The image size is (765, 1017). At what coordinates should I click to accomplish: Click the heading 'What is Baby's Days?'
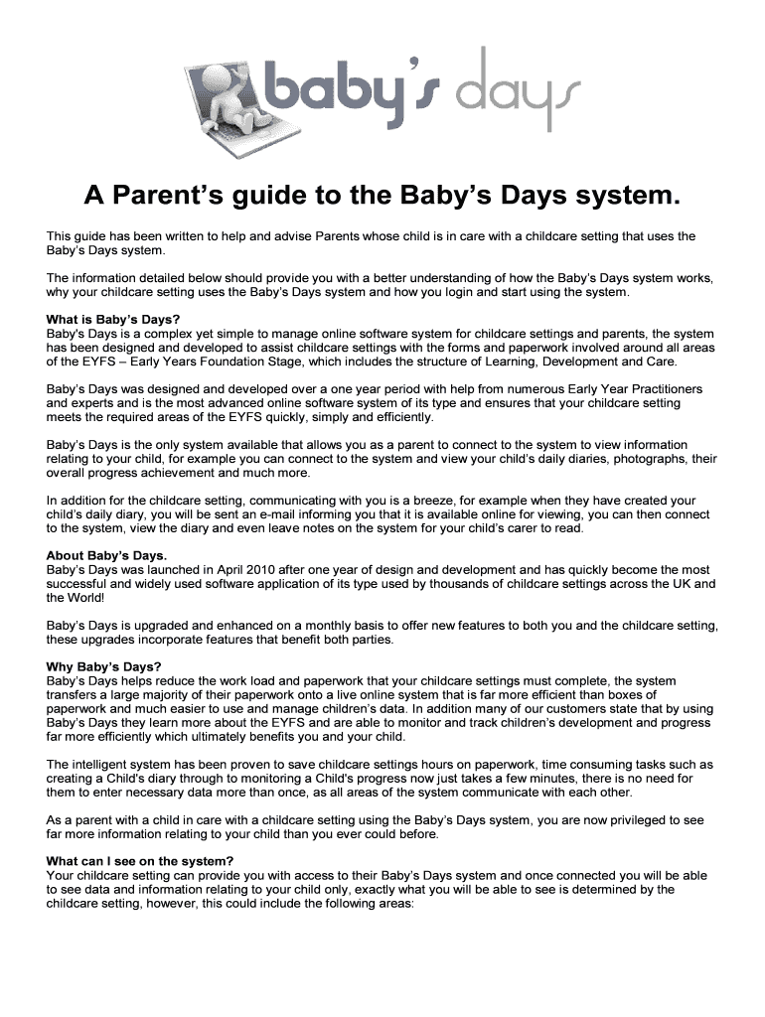point(113,320)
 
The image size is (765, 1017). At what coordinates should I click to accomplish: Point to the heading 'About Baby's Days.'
point(106,555)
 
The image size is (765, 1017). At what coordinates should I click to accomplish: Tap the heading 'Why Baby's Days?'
point(103,665)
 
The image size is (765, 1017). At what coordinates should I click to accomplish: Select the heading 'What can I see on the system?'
point(140,860)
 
